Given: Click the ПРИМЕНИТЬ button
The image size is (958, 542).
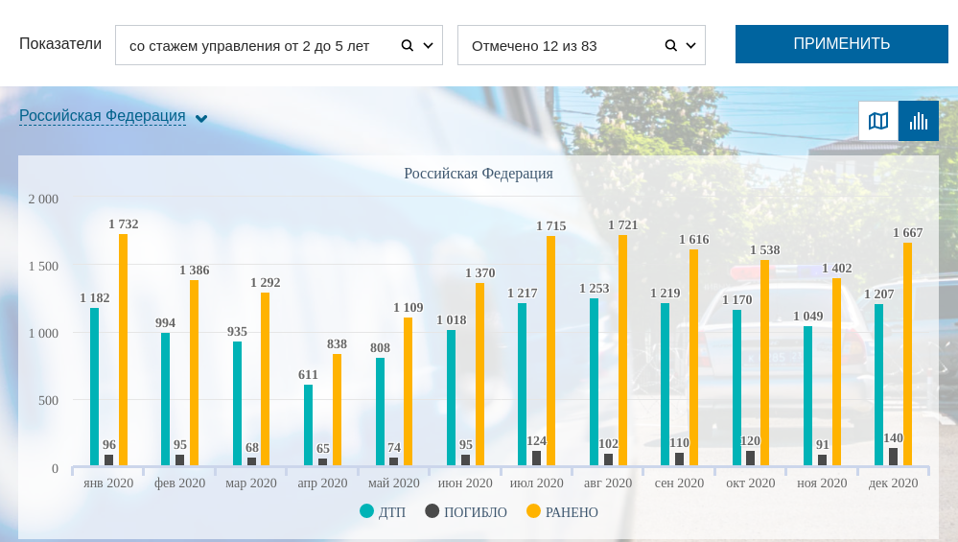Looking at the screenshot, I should coord(841,44).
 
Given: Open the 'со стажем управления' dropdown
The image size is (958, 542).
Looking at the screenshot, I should coord(278,45).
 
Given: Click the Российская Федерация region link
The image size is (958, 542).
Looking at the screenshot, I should coord(103,116).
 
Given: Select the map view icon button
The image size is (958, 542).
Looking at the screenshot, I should coord(878,121).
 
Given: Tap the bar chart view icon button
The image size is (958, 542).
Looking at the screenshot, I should coord(919,121).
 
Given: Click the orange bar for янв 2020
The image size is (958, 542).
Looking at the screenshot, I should coord(123,350).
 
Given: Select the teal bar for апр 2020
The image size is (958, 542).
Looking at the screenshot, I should coord(308,425).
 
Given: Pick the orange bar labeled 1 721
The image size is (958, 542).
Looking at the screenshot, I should coord(622,350).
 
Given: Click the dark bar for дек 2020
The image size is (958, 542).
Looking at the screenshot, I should coord(894,457).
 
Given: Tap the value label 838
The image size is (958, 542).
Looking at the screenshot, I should coord(337,344).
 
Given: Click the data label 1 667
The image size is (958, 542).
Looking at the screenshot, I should coord(908,233).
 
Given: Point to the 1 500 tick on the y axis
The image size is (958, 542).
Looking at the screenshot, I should coord(42,267).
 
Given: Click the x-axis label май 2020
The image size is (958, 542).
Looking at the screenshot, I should coord(393,483).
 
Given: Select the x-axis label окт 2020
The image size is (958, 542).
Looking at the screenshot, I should coord(750,483).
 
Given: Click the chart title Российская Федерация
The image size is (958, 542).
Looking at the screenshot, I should coord(479,174).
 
